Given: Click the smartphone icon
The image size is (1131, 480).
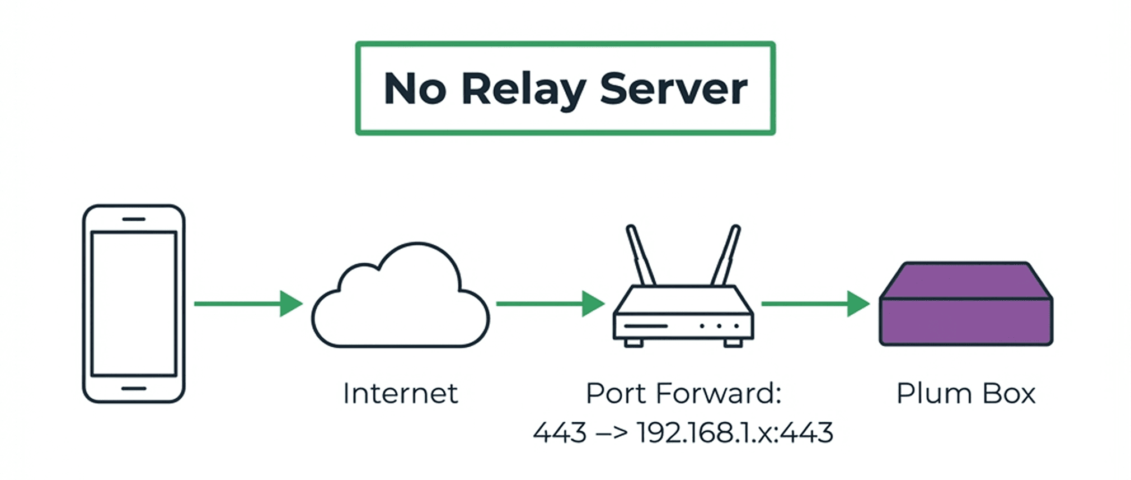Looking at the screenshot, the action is pos(134,303).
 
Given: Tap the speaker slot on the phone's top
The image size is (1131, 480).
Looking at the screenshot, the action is pos(134,219).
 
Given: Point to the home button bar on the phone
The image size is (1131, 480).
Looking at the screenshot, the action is pos(134,388).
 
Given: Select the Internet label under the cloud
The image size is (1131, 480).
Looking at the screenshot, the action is pos(400,393).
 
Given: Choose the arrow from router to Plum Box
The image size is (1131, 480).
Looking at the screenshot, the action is pos(815,304).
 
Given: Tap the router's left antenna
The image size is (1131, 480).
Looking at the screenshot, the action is pos(641,255).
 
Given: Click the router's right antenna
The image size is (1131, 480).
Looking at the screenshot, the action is pos(726,255).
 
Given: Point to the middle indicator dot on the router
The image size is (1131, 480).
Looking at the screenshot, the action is pos(719,325).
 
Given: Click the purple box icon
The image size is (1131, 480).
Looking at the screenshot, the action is pos(966,305).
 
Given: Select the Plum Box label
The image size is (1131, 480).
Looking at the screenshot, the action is pos(966,393).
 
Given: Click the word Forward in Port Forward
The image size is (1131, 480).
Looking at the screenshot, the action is pos(719,393).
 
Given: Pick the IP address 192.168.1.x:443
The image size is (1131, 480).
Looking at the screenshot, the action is pos(735,432).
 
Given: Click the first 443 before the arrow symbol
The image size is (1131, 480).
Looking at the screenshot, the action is pos(560,432).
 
